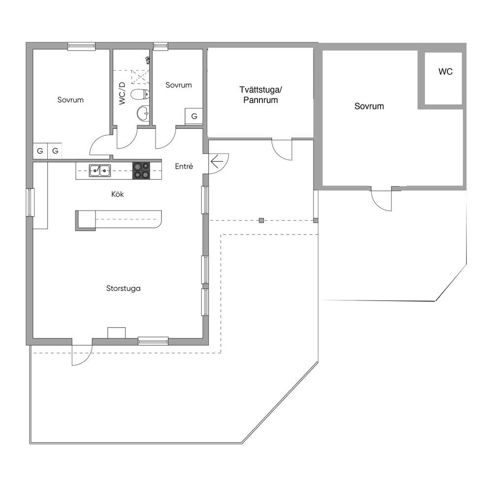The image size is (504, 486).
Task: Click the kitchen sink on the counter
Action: coord(100,171)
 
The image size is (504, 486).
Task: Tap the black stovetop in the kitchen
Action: coord(141,171)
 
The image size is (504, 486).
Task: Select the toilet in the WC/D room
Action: coord(140,94)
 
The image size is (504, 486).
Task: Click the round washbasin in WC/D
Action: coord(143,113)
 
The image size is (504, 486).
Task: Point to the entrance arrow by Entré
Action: coord(217,161)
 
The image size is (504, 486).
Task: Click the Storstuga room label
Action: coord(124,288)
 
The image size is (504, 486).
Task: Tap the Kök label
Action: coord(117,194)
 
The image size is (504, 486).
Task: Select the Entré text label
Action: coord(184,166)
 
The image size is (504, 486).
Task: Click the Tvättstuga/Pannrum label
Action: coord(260,95)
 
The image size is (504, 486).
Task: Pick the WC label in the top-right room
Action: coord(445,72)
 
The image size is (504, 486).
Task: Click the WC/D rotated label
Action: coord(122,93)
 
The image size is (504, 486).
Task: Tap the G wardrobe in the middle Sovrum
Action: coord(194,116)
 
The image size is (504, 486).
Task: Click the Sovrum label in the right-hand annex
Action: coord(369,106)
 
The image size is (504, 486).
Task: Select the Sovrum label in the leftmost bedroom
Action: coord(70,99)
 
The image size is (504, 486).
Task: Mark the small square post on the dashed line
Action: coord(261,220)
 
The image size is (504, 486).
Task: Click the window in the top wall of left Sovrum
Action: coord(82,46)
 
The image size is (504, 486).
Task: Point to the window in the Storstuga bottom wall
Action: coord(153,341)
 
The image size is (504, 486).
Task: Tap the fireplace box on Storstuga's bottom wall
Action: coord(116,333)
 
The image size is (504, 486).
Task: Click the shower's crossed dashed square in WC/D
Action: coord(140,77)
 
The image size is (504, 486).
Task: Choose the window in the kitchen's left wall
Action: coord(30,202)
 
